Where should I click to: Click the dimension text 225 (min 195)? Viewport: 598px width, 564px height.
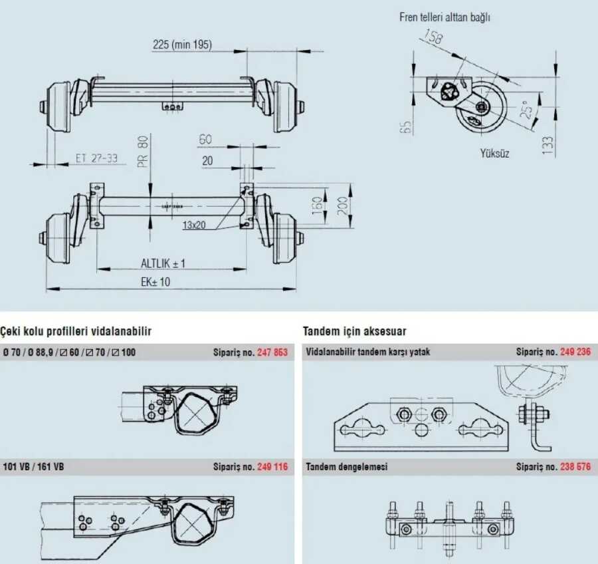click(x=182, y=45)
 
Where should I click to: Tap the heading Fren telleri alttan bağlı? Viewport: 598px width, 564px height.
click(x=445, y=17)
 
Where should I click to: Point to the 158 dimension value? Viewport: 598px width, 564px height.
click(x=433, y=37)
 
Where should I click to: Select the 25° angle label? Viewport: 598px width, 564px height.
click(x=527, y=110)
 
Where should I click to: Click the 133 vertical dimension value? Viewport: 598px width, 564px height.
click(x=548, y=145)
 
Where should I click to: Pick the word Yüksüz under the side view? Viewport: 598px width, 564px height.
click(x=494, y=154)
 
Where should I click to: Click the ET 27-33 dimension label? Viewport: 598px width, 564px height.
click(x=96, y=158)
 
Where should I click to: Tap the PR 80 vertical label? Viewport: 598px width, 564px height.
click(x=143, y=152)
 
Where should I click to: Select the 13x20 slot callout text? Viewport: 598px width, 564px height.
click(x=194, y=225)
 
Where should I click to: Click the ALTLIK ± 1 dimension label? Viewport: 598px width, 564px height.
click(x=163, y=263)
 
